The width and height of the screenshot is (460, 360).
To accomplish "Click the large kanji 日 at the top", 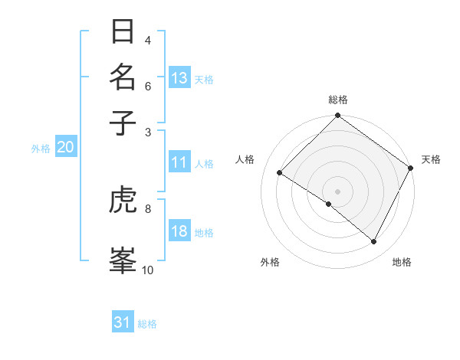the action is [123, 33].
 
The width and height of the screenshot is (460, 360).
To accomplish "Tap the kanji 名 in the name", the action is [123, 77].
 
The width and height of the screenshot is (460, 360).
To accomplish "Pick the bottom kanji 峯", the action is [123, 259].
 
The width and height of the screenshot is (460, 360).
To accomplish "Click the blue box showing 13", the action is [179, 78].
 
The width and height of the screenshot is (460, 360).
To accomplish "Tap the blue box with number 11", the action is [179, 162].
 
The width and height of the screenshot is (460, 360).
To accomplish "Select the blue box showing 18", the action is [179, 232].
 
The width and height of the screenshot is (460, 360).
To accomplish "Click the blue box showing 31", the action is [123, 323].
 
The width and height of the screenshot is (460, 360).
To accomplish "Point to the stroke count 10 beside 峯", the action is [147, 270].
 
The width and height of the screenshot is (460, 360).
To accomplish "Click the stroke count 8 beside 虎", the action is [148, 208].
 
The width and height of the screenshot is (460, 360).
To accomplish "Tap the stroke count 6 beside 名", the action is [148, 86].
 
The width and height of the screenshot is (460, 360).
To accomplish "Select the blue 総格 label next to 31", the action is [147, 324].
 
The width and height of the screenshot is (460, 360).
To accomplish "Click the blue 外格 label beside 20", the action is [41, 149].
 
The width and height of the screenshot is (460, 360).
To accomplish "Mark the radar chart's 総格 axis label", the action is [338, 100].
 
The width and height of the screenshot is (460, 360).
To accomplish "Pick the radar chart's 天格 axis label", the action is [431, 159].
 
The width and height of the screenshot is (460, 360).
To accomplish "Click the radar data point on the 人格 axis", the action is [280, 173].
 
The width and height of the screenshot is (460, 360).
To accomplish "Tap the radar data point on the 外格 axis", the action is [328, 205].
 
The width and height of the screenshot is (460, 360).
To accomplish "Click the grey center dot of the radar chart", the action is [338, 191].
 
